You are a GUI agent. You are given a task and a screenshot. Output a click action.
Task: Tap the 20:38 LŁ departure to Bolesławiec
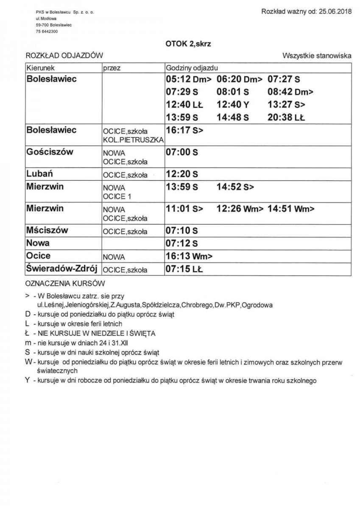pyautogui.click(x=286, y=117)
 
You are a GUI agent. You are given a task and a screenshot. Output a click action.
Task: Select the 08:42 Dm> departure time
pyautogui.click(x=290, y=92)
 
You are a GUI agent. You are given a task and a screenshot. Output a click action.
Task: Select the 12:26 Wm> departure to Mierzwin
pyautogui.click(x=240, y=208)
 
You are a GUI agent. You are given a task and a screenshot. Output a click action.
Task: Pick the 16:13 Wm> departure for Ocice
pyautogui.click(x=189, y=256)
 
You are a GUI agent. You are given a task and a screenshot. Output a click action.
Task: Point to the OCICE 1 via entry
pyautogui.click(x=114, y=196)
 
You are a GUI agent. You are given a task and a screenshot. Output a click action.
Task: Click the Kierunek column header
pyautogui.click(x=41, y=68)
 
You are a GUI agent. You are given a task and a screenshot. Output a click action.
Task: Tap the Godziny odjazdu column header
pyautogui.click(x=191, y=68)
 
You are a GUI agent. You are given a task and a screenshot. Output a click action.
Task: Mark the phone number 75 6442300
pyautogui.click(x=47, y=31)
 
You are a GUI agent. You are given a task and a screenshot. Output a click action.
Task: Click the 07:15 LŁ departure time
pyautogui.click(x=184, y=269)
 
